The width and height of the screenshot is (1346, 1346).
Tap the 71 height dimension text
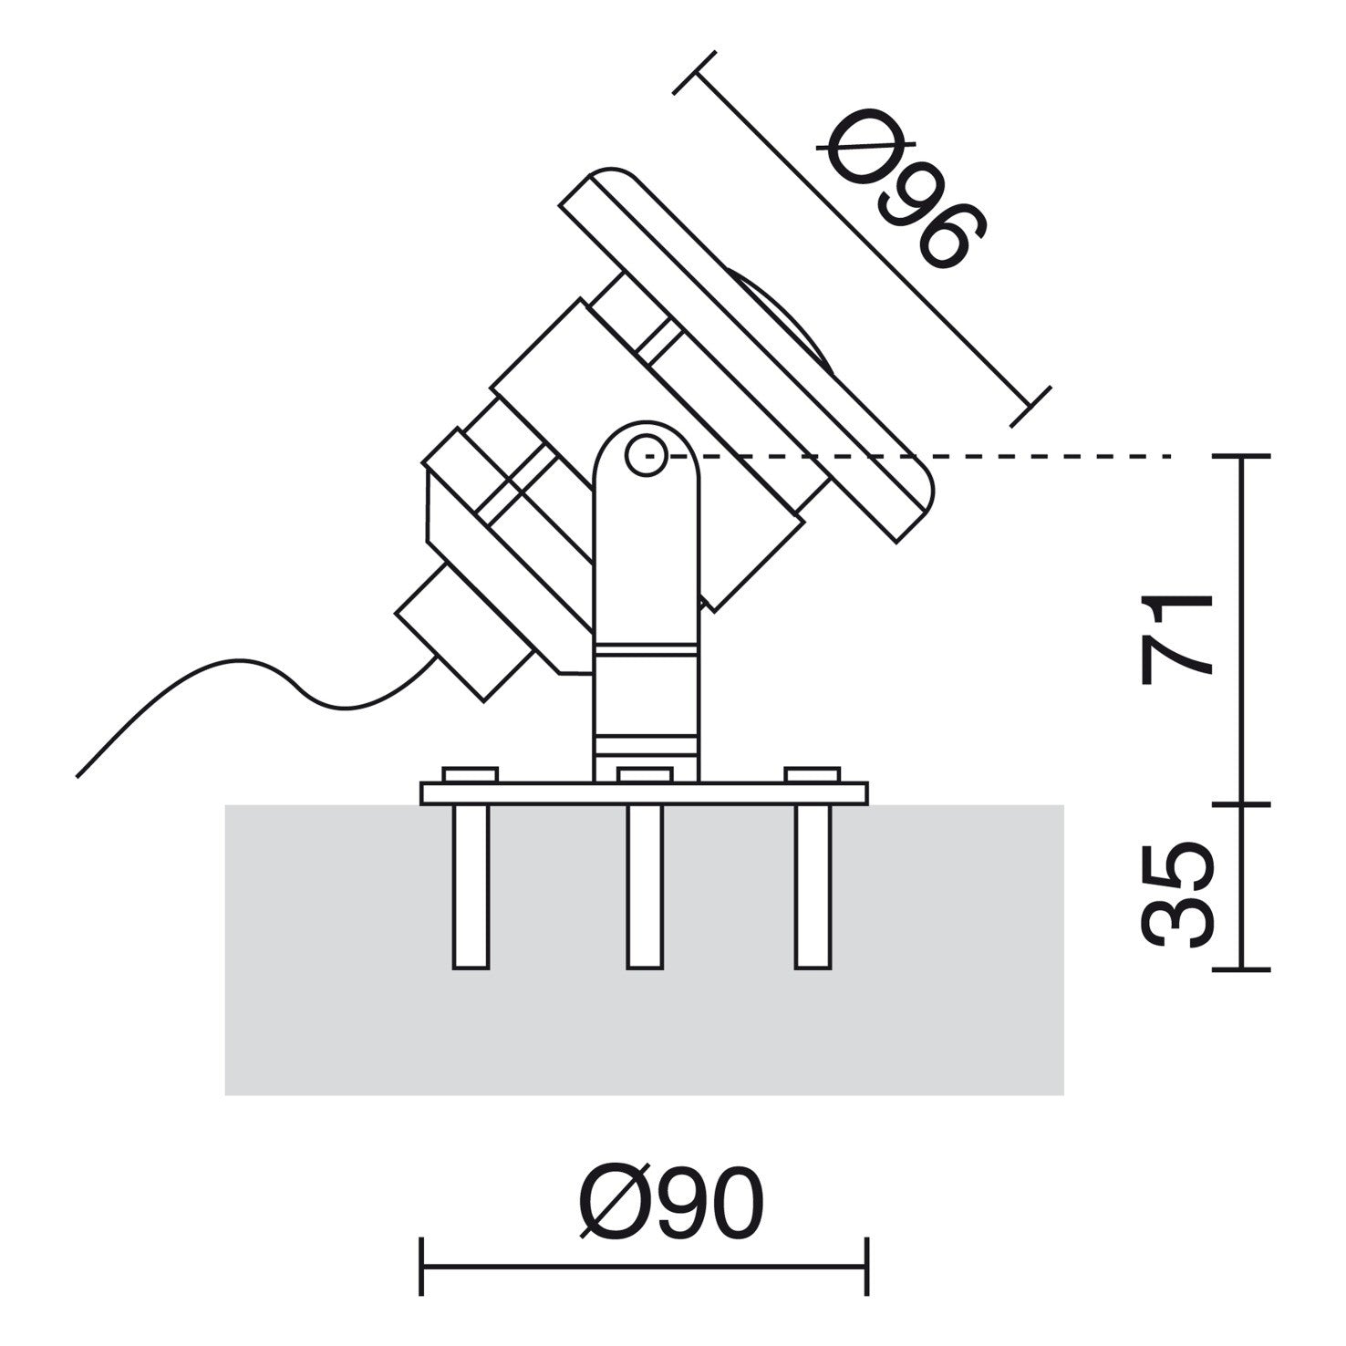(x=1176, y=638)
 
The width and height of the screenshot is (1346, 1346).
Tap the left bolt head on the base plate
(x=471, y=775)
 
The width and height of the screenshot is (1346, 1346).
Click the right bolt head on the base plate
(x=813, y=775)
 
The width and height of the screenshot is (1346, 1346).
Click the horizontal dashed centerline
(x=1049, y=455)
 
